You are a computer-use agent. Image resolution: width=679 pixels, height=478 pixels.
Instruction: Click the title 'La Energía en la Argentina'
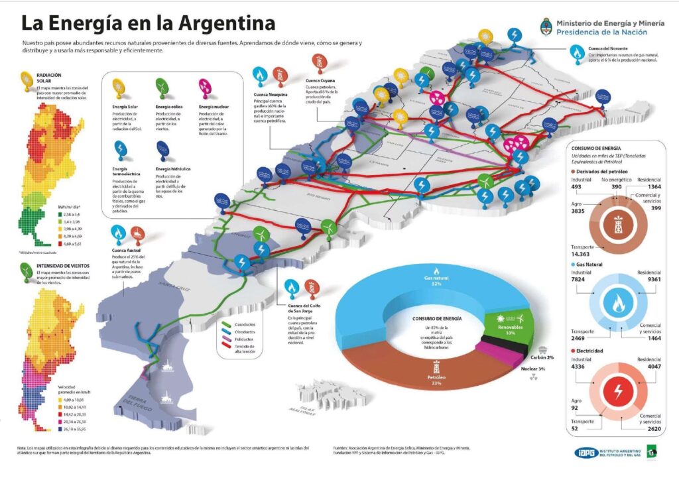point(148,24)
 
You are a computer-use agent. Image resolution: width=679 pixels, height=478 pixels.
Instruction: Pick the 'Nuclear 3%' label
point(532,368)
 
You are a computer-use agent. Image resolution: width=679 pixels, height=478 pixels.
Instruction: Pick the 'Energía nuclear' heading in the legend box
point(215,106)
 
